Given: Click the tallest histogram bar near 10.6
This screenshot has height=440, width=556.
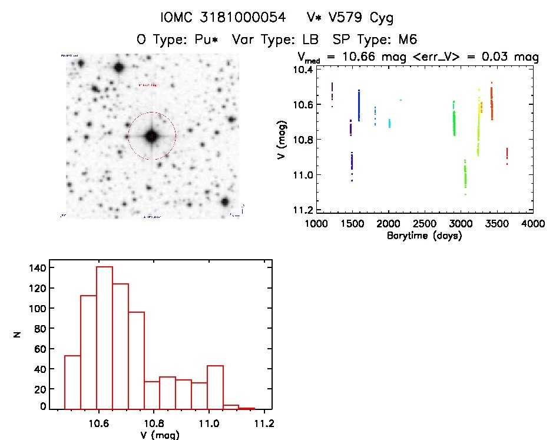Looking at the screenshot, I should click(104, 338).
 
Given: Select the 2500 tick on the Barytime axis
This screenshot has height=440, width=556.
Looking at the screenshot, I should click(425, 224).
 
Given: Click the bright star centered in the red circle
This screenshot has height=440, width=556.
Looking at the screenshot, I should click(152, 136).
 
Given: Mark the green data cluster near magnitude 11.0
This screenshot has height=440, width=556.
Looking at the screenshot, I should click(465, 175).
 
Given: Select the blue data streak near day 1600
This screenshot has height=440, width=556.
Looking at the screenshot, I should click(359, 105).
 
